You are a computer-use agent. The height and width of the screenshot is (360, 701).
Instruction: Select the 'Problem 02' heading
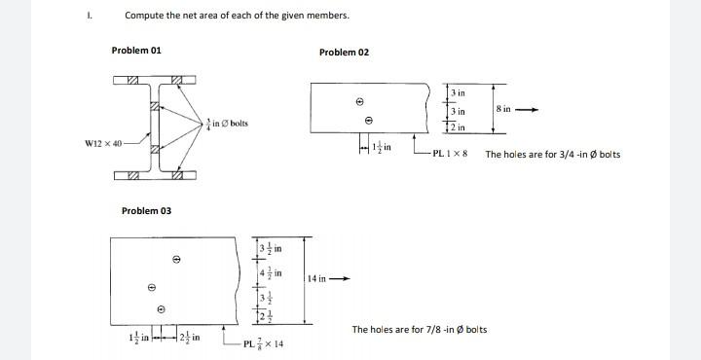tap(344, 52)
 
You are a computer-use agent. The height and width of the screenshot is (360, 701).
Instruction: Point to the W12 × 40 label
tap(106, 145)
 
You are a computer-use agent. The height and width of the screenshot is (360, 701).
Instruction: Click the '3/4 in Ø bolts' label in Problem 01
tap(227, 124)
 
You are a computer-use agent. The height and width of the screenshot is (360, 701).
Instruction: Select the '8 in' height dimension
tap(503, 110)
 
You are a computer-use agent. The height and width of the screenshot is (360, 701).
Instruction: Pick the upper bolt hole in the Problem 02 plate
tap(359, 101)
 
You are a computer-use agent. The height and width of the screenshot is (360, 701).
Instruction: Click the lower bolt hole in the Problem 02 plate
tap(368, 121)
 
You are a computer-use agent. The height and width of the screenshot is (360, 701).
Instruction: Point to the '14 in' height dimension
tap(316, 279)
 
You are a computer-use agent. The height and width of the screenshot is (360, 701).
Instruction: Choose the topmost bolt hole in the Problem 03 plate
tap(176, 259)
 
